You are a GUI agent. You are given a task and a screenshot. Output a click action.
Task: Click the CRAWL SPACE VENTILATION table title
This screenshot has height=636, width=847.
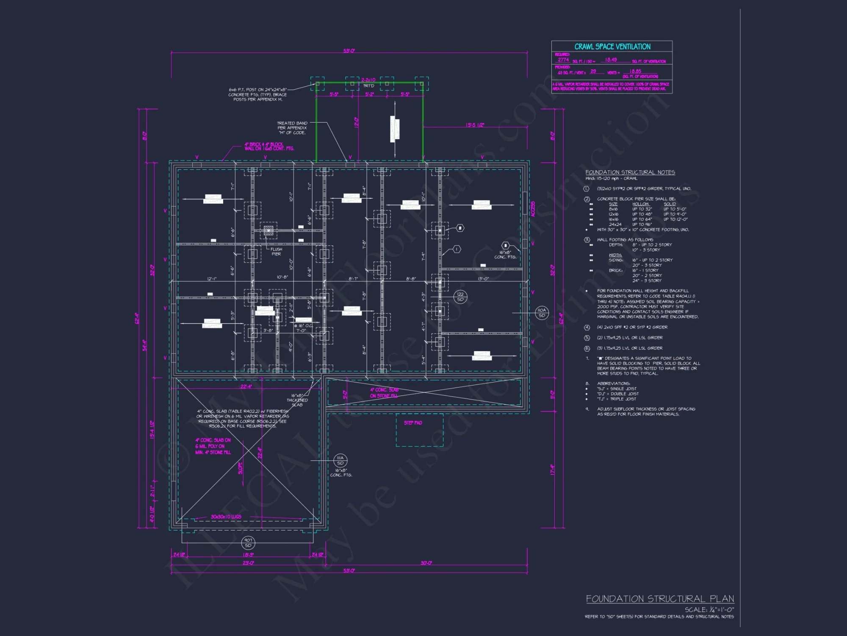click(612, 47)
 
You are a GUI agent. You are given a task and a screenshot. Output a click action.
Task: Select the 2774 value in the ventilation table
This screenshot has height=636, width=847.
click(563, 60)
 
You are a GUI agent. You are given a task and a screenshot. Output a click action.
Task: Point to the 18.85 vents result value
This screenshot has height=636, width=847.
click(635, 71)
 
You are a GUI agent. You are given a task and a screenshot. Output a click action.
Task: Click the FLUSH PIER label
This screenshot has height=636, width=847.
click(276, 251)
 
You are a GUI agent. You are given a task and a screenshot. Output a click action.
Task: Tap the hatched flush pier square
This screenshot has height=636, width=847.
click(268, 230)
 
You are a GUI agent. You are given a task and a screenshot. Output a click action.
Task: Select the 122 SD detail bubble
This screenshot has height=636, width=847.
click(460, 296)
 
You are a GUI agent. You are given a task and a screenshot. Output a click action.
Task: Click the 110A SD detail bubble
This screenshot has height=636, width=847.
click(542, 312)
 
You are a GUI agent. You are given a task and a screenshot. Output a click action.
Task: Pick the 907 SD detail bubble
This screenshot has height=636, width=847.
click(248, 543)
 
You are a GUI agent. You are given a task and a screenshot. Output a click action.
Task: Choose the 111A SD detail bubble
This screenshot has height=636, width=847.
click(340, 460)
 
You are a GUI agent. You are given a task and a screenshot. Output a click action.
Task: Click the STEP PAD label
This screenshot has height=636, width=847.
click(412, 423)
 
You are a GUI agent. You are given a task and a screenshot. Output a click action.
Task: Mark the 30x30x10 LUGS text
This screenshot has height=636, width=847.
click(226, 517)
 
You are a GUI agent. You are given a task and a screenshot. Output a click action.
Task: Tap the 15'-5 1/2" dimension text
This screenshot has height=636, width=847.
click(475, 125)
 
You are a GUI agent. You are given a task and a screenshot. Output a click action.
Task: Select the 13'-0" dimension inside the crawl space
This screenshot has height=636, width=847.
click(483, 279)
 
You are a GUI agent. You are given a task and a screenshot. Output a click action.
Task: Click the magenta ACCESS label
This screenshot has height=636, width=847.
click(533, 209)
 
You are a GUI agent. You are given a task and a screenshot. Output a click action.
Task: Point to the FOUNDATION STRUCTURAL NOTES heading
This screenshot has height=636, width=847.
click(630, 172)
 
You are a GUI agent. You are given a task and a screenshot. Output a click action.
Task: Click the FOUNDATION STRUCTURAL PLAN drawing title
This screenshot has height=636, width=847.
click(659, 599)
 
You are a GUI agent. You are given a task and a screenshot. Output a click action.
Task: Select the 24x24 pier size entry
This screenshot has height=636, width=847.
click(615, 224)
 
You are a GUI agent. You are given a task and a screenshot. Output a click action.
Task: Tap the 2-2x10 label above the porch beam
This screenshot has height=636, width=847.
click(368, 80)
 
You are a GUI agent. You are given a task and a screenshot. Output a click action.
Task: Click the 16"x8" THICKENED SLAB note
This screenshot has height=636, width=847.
click(297, 400)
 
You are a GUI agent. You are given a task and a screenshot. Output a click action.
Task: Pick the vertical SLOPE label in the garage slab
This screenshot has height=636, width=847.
click(241, 468)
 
